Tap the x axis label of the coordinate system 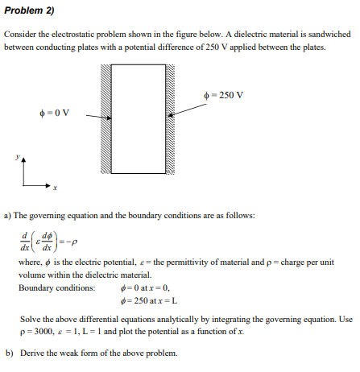[x=56, y=188]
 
